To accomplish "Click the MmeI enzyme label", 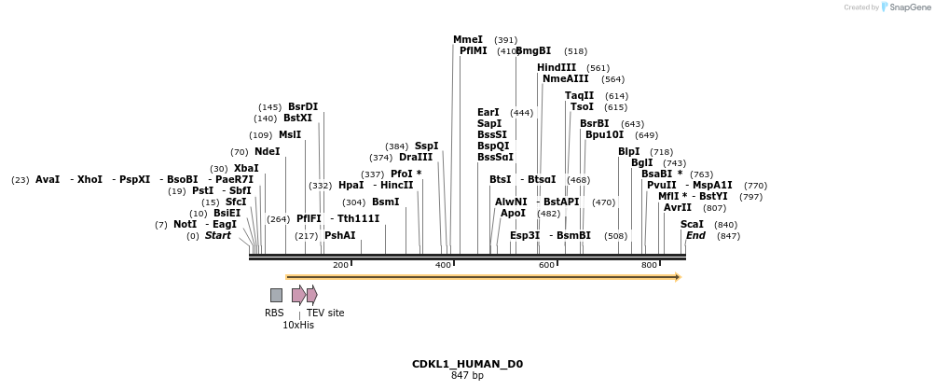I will tap(468, 39).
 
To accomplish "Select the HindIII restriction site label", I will tap(557, 67).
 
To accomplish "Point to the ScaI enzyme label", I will tap(692, 224).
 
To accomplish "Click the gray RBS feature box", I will tap(276, 295).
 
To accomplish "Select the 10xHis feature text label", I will tap(298, 325).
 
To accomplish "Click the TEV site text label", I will tap(325, 313).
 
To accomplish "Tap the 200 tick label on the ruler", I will tap(340, 266).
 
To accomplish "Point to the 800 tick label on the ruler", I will tap(650, 266).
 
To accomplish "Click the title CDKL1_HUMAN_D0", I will tap(467, 364).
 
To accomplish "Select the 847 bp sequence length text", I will tap(467, 376).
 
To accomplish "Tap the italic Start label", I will tap(217, 236).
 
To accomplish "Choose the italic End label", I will tap(695, 236).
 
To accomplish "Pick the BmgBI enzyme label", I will tap(533, 51).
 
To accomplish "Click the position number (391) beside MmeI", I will tap(505, 40).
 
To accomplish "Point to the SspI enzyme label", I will tap(426, 146).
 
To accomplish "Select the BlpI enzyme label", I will tap(629, 151).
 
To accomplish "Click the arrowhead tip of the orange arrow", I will tap(680, 277).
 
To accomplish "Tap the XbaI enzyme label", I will tap(246, 168).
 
